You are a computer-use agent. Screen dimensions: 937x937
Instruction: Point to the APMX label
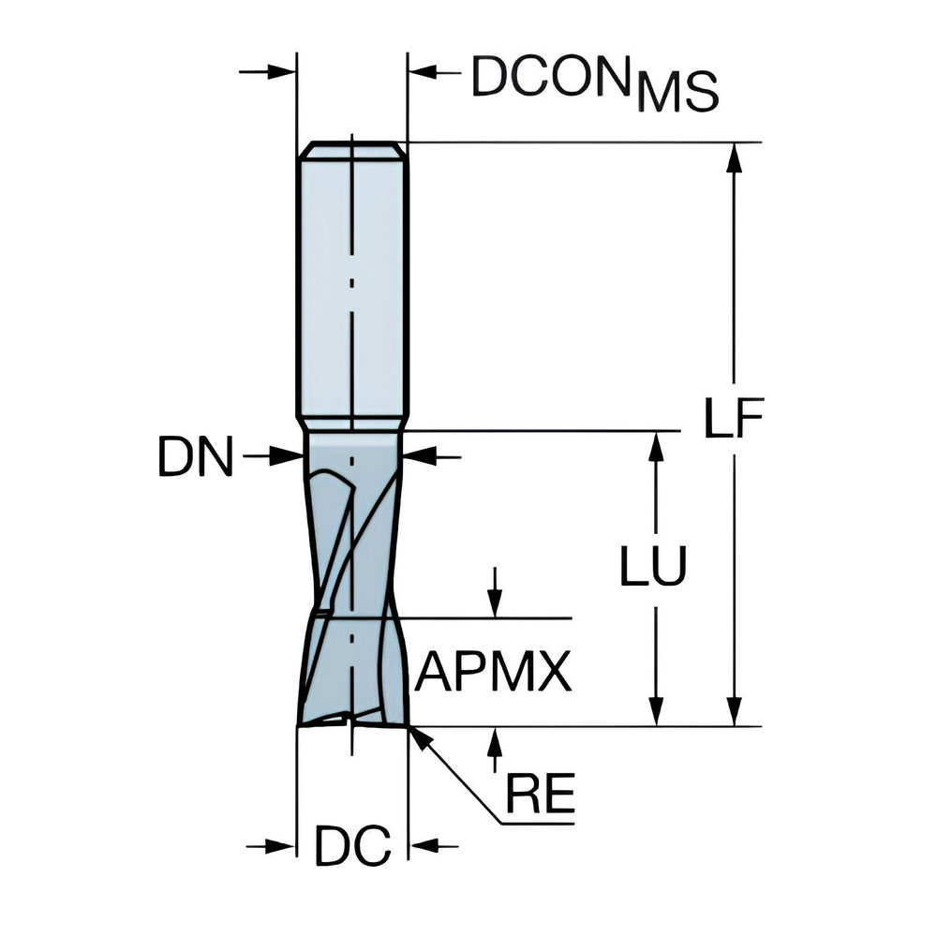point(493,672)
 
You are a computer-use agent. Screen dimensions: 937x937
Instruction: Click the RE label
point(540,796)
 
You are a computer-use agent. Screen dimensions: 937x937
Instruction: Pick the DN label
point(195,458)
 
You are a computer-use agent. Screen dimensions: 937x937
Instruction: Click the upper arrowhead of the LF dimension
point(735,157)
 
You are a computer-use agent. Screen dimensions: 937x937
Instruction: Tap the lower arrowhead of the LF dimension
point(735,712)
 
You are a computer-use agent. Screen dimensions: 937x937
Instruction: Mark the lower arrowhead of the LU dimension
point(656,712)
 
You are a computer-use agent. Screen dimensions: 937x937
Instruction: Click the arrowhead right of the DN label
point(285,456)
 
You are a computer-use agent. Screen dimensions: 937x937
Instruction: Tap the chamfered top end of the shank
point(351,149)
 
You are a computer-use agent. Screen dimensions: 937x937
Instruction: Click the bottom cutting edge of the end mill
point(351,722)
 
